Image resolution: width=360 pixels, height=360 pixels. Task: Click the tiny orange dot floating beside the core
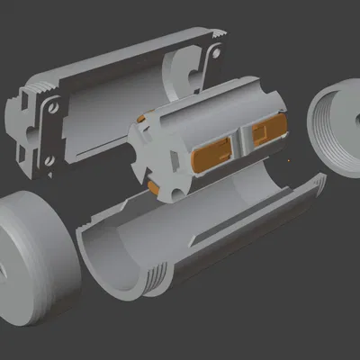coord(289,161)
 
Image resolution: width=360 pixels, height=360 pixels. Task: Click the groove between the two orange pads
coord(241,142)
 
